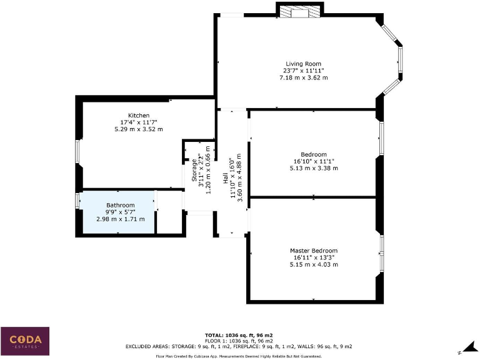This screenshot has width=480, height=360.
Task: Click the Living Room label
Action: tap(303, 64)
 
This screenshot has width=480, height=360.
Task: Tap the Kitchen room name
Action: tap(138, 116)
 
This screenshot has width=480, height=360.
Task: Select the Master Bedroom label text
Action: tap(313, 251)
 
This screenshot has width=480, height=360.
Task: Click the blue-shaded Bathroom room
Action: tap(119, 212)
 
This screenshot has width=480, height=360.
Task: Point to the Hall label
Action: tap(226, 178)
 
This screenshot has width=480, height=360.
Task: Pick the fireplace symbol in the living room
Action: tap(300, 11)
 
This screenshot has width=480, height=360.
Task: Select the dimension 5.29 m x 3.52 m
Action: tap(138, 129)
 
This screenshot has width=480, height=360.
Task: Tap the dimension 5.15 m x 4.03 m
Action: tap(313, 264)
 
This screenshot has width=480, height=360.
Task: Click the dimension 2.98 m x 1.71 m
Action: tap(120, 219)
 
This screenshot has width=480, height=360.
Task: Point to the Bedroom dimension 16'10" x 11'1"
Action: tap(313, 161)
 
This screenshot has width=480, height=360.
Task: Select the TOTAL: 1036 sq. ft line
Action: tap(239, 335)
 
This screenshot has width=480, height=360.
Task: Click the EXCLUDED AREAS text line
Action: tap(239, 346)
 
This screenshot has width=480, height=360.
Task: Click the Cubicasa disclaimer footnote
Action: tap(239, 356)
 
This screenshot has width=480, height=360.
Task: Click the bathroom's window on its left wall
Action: tap(77, 201)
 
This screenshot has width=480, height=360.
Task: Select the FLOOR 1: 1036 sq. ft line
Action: tap(239, 341)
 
